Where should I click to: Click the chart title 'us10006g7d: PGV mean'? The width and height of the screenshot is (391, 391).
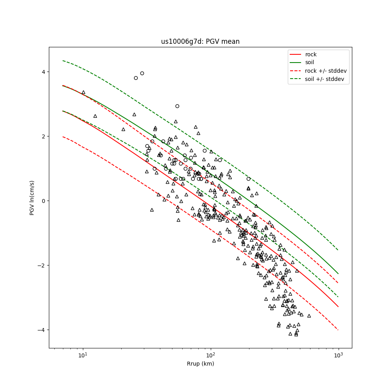[200, 41]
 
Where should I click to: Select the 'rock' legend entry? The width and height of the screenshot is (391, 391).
[311, 54]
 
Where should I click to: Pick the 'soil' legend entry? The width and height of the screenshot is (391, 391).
[310, 62]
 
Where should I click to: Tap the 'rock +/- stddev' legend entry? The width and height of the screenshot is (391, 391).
[326, 71]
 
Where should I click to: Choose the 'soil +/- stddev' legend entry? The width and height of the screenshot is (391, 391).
[326, 79]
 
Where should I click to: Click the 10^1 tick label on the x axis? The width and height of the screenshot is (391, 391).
[83, 355]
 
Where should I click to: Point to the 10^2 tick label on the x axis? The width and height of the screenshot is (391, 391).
[211, 355]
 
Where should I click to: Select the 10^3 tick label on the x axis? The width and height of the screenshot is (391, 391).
[339, 355]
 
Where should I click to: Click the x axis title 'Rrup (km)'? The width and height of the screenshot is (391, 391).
[200, 364]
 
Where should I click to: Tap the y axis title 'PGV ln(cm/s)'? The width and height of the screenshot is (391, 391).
[32, 197]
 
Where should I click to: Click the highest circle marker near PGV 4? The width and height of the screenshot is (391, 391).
[142, 73]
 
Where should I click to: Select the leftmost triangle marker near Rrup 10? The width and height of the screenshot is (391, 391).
[83, 92]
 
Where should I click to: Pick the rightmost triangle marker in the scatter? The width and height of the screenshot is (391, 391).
[309, 316]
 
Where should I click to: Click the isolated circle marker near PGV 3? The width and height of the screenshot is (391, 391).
[177, 106]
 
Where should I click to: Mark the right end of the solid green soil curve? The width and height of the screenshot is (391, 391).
[338, 274]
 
